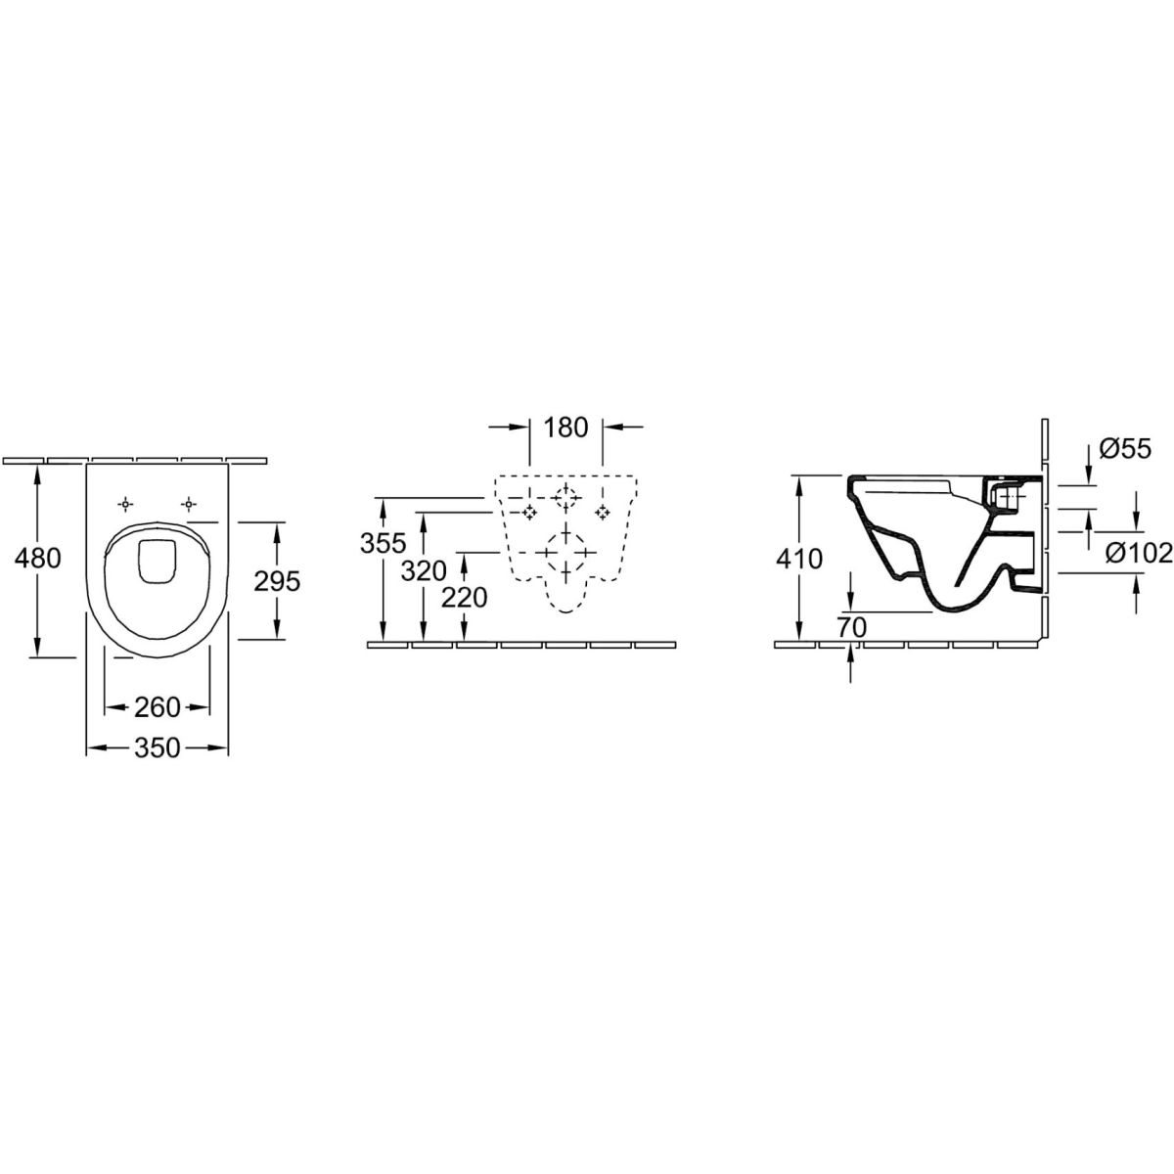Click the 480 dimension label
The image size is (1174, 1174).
(x=38, y=558)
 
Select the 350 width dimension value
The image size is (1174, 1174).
(x=158, y=747)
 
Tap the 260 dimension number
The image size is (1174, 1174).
(x=158, y=707)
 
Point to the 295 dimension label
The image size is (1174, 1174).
(x=277, y=582)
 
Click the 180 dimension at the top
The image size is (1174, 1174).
(x=566, y=428)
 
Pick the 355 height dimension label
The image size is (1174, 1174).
(x=384, y=543)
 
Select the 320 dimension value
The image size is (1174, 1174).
(x=424, y=570)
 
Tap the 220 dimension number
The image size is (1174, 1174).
(x=465, y=598)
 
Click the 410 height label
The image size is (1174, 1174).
(x=799, y=559)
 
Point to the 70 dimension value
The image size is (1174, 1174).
(x=851, y=627)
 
